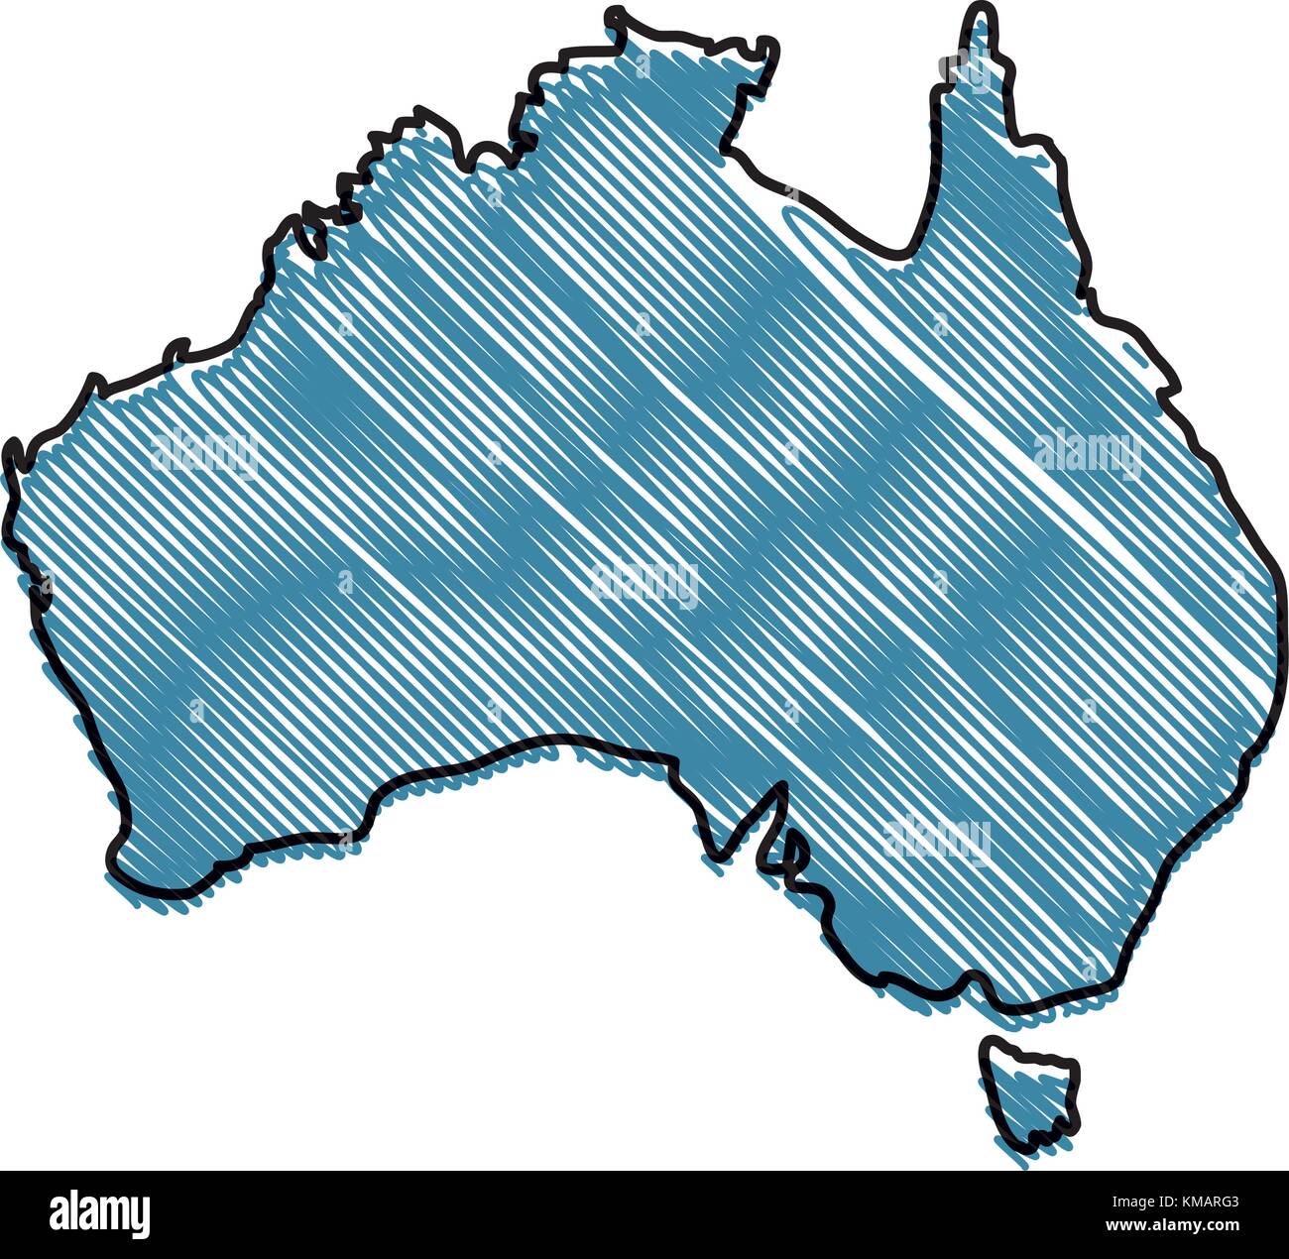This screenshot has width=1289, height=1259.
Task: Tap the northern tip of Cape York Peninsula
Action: coord(981,14)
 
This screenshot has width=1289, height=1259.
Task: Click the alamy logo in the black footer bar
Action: coord(100,1213)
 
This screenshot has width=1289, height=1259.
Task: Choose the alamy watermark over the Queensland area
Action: coord(1087,451)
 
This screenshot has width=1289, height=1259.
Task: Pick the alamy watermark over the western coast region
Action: coord(204,452)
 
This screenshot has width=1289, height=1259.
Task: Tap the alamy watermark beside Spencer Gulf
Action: coord(937,838)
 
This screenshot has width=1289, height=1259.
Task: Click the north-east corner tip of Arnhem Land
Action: coord(767,46)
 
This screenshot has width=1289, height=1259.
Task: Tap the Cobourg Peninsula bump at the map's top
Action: coord(617,17)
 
